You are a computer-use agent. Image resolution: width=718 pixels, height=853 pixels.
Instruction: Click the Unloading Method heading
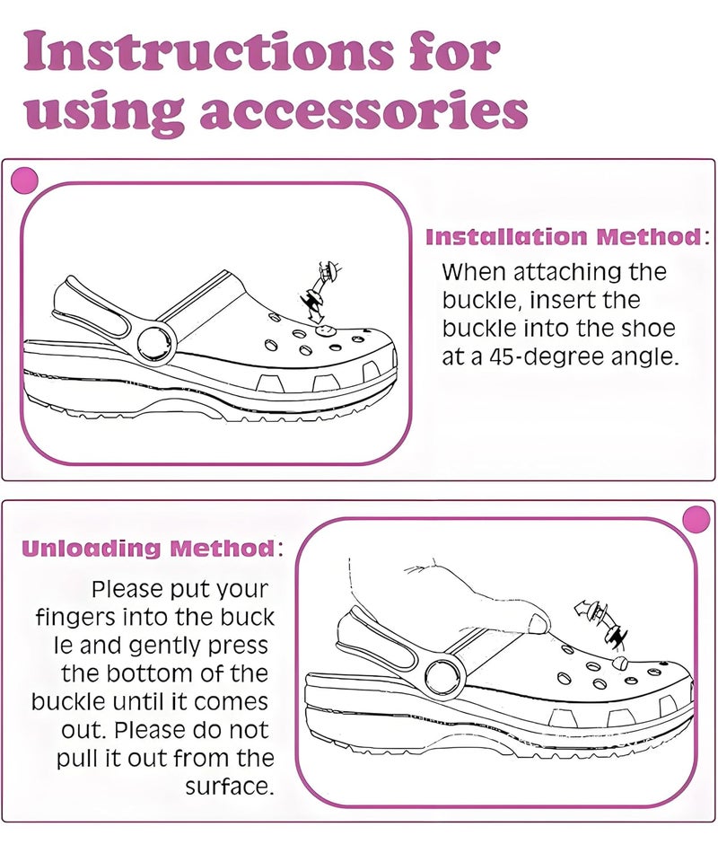[x=147, y=548]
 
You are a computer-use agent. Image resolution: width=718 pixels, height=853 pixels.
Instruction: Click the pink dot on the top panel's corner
[x=23, y=180]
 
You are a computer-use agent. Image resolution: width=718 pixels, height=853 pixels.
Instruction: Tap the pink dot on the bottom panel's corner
[x=696, y=520]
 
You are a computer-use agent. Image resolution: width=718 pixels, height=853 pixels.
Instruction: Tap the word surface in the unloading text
[x=229, y=787]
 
